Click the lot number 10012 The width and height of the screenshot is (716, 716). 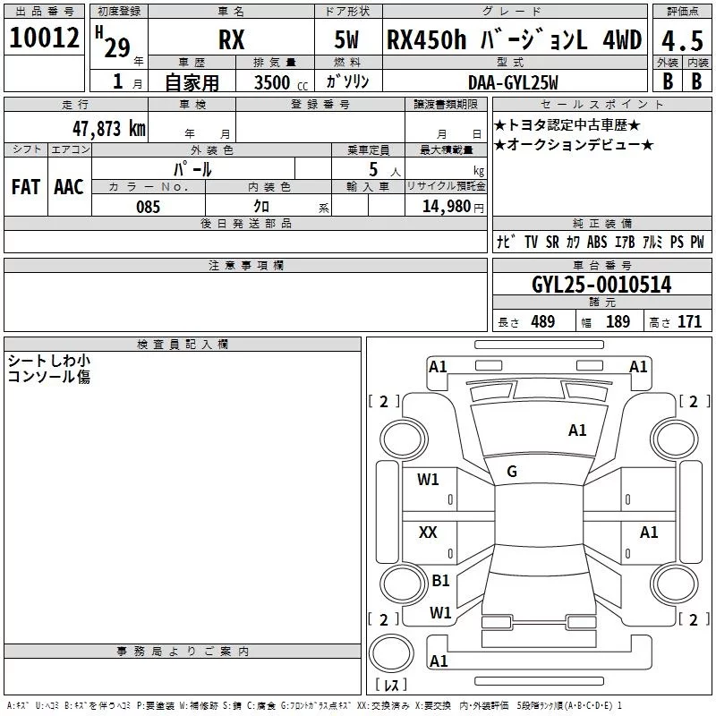pyautogui.click(x=44, y=38)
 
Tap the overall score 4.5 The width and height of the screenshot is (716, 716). pyautogui.click(x=680, y=41)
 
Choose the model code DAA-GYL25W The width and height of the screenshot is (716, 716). pyautogui.click(x=512, y=82)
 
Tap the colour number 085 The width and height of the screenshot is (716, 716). pyautogui.click(x=148, y=207)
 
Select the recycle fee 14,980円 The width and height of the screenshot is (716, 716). pyautogui.click(x=453, y=207)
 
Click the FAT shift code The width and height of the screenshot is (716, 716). pyautogui.click(x=26, y=186)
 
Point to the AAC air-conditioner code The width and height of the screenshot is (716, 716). pyautogui.click(x=69, y=186)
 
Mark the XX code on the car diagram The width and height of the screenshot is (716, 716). pyautogui.click(x=428, y=533)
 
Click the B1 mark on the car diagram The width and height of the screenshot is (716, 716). pyautogui.click(x=440, y=581)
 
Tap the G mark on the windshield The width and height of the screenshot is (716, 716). pyautogui.click(x=512, y=472)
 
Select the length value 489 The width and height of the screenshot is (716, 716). pyautogui.click(x=542, y=322)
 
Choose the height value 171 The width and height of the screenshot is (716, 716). pyautogui.click(x=689, y=322)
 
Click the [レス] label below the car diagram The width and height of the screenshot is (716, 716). pyautogui.click(x=390, y=685)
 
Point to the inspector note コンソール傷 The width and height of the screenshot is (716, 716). pyautogui.click(x=48, y=377)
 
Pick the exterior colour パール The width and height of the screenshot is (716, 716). pyautogui.click(x=192, y=168)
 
